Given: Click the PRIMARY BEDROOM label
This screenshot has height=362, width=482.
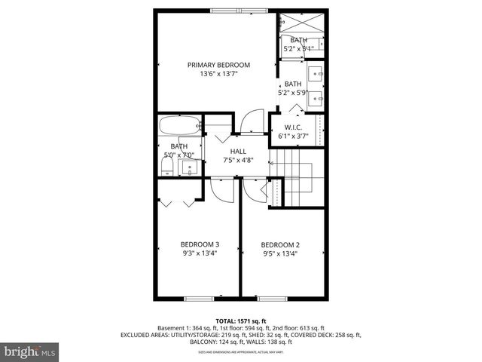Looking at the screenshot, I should (x=218, y=65).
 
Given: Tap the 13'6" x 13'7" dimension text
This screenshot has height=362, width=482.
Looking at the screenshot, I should (x=218, y=75).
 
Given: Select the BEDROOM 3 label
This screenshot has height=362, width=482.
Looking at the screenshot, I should (x=200, y=244).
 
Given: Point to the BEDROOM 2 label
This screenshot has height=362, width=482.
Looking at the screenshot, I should (x=280, y=244).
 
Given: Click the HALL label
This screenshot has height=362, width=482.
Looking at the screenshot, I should (x=238, y=151).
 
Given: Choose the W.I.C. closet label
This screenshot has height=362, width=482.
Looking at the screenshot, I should (x=293, y=127).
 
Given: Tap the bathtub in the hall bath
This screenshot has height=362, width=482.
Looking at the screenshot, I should (x=181, y=124).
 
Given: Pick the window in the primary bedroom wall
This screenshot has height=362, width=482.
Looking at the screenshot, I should (x=231, y=11).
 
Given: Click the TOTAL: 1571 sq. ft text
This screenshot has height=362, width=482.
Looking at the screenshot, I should (x=241, y=321).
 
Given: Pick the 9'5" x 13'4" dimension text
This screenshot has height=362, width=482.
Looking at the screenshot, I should (x=280, y=254).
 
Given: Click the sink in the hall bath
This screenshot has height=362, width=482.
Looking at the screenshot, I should (x=191, y=167).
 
